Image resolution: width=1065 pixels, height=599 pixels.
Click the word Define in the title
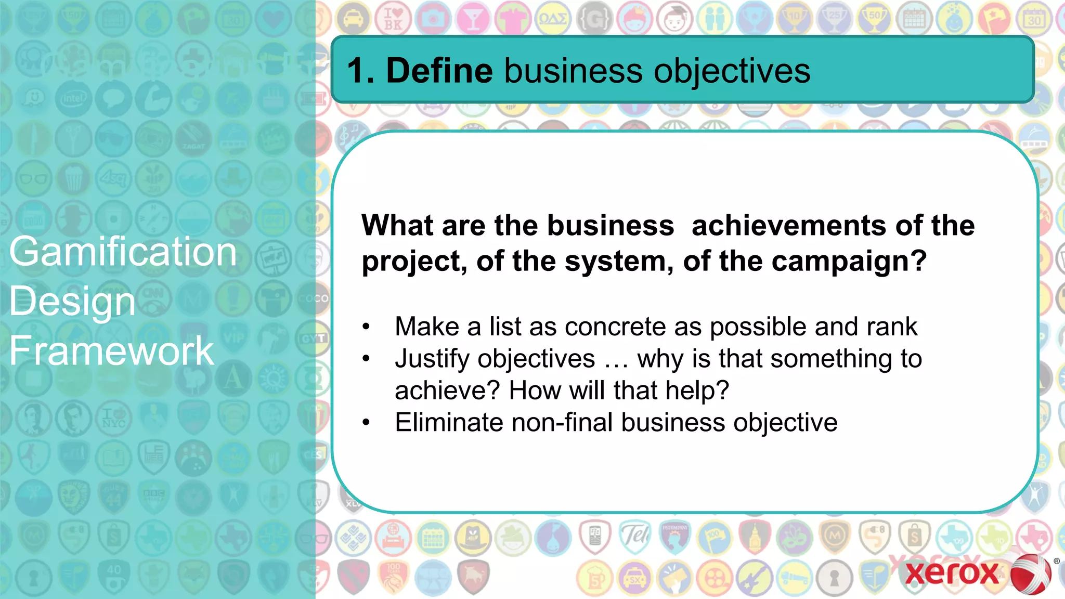[x=439, y=71]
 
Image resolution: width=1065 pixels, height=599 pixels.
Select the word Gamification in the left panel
[x=123, y=252]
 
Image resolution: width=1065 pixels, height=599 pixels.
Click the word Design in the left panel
[x=72, y=302]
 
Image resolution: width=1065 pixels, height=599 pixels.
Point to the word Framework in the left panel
[x=111, y=350]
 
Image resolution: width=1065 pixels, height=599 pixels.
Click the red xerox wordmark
[x=952, y=573]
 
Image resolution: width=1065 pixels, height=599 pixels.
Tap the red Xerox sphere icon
[x=1031, y=574]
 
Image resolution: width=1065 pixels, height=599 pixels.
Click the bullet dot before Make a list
[x=366, y=327]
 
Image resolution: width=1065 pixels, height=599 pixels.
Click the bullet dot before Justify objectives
[x=366, y=359]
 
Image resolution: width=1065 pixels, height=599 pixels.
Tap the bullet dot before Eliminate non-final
[x=366, y=422]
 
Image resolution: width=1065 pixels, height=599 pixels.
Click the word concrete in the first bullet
[x=615, y=327]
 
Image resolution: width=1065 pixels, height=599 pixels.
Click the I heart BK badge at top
[x=393, y=19]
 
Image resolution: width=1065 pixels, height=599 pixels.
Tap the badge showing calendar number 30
[x=1034, y=19]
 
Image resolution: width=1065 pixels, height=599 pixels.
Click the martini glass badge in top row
[x=473, y=19]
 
